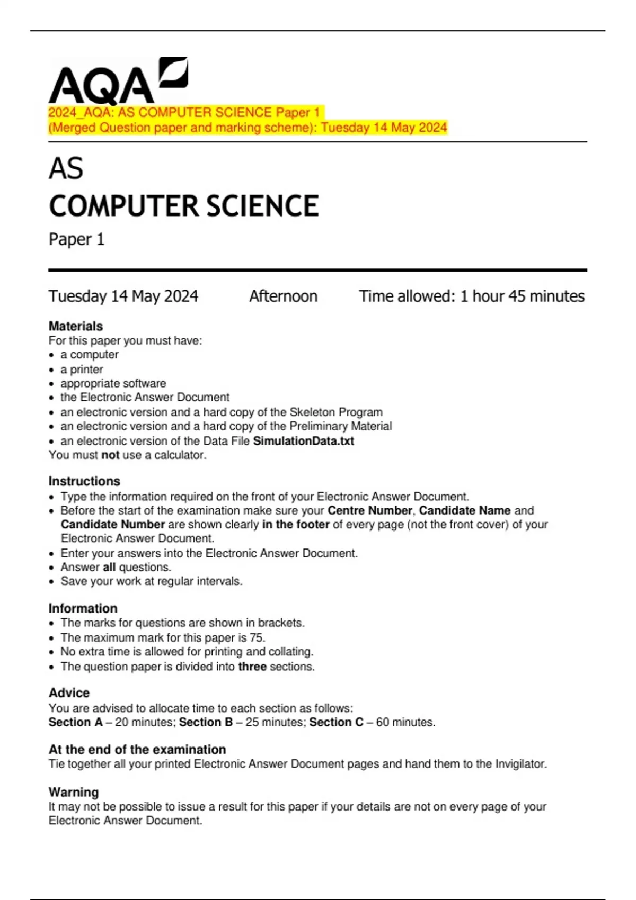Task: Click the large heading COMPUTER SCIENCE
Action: [183, 206]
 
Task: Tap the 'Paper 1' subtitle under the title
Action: [76, 239]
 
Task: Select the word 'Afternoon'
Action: [283, 296]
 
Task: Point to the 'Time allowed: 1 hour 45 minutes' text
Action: [472, 296]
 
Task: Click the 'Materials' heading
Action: [76, 326]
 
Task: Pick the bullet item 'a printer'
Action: [82, 370]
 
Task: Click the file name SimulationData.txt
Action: [303, 441]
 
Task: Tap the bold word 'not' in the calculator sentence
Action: [110, 455]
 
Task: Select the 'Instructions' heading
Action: [84, 481]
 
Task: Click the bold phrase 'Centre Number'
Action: [369, 510]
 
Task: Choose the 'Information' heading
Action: [83, 608]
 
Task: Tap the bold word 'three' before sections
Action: [252, 667]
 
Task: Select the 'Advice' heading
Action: [69, 693]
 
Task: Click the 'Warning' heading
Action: [74, 793]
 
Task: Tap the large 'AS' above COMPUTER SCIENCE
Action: [66, 169]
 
